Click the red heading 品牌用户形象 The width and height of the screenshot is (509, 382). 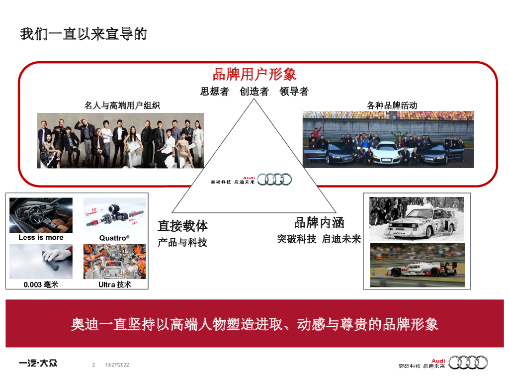click(254, 74)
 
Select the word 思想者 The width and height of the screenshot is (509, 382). click(215, 92)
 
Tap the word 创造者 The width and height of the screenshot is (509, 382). click(254, 92)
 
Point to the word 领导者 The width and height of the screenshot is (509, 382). click(294, 92)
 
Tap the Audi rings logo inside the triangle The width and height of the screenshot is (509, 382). click(274, 180)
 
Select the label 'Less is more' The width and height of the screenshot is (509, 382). click(41, 238)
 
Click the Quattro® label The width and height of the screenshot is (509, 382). click(114, 238)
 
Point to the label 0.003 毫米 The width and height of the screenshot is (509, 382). click(41, 285)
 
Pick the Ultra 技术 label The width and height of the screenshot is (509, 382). click(115, 285)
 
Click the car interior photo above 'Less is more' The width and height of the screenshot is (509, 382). click(41, 215)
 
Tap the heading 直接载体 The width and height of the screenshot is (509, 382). click(182, 226)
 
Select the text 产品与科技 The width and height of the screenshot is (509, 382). click(182, 243)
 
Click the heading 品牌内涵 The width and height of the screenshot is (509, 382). click(319, 222)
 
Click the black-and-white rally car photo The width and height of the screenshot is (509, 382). click(417, 218)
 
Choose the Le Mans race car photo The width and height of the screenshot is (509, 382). click(418, 265)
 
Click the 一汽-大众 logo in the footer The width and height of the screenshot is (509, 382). click(38, 363)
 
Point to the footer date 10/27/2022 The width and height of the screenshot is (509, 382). click(117, 366)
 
